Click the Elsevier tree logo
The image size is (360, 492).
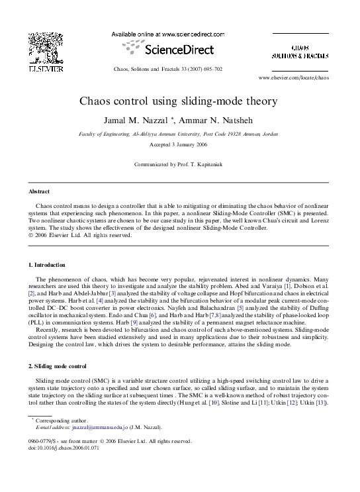tap(46, 48)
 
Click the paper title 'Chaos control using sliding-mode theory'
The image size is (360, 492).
tap(179, 102)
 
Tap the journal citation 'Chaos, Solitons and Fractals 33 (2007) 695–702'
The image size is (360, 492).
tap(177, 69)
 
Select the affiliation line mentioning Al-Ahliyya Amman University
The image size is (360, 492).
tap(179, 133)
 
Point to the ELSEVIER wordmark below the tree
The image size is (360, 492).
tap(46, 68)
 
